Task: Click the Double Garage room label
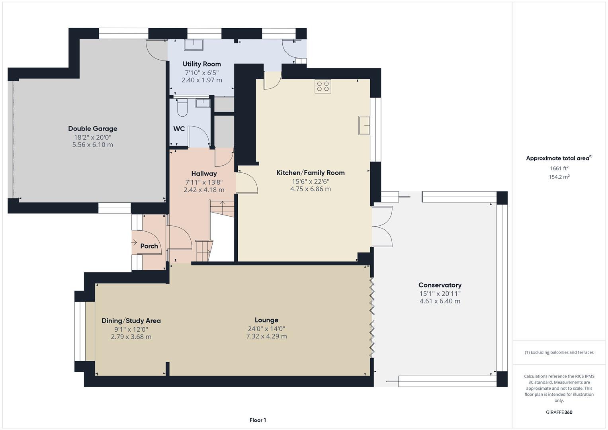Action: [x=92, y=129]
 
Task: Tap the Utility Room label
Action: [x=201, y=64]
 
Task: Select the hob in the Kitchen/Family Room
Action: [x=323, y=86]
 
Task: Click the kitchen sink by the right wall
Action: [x=364, y=125]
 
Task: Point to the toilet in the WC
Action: [x=182, y=107]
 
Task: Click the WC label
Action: [x=179, y=129]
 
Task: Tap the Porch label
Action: [x=149, y=246]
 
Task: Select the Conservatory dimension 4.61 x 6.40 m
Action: [x=440, y=301]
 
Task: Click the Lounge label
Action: [x=266, y=320]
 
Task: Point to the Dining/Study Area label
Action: [x=131, y=321]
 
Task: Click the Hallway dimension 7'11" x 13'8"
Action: [x=203, y=182]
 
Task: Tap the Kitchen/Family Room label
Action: [x=310, y=172]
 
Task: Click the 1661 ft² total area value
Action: [x=559, y=168]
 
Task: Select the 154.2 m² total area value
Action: [x=559, y=177]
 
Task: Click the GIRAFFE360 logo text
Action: [x=559, y=412]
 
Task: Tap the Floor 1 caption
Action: [x=258, y=420]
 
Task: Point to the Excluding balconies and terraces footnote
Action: [x=559, y=352]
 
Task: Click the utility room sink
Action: [x=194, y=45]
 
